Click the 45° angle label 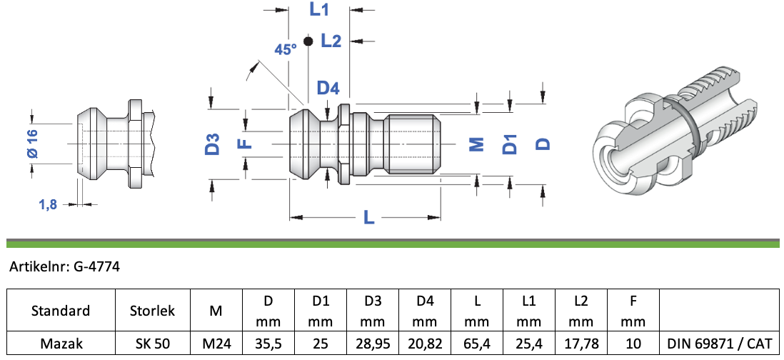[286, 49]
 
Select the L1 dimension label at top [319, 9]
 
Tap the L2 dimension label [331, 41]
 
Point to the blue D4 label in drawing [328, 88]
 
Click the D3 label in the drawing [213, 144]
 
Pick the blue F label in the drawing [244, 144]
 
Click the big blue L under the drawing [368, 217]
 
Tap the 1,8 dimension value [48, 204]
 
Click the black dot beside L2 [308, 41]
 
